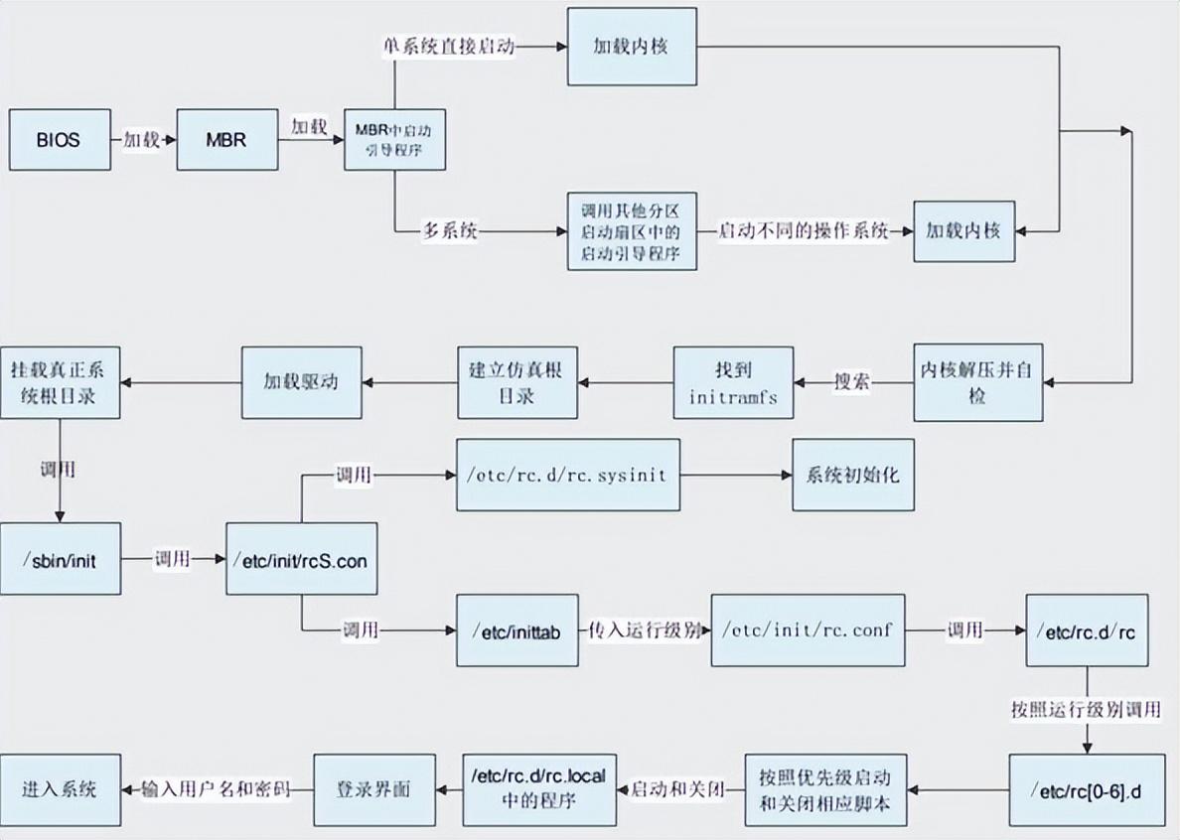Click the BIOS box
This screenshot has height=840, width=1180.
59,139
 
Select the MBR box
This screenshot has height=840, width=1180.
226,139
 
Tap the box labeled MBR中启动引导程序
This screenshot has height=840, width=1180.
394,139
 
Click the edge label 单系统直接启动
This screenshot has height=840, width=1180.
449,47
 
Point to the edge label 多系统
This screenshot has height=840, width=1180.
450,231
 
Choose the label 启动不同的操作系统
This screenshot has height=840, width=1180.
803,230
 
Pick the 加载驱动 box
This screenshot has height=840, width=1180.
301,382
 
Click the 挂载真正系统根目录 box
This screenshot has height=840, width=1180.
60,382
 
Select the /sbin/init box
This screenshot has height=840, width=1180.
61,559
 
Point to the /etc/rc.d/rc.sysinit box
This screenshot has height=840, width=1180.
568,475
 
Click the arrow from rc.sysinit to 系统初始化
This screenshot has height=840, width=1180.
735,475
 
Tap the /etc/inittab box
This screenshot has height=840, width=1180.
516,630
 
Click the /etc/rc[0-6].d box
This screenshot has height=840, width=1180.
1087,790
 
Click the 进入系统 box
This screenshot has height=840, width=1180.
60,790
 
